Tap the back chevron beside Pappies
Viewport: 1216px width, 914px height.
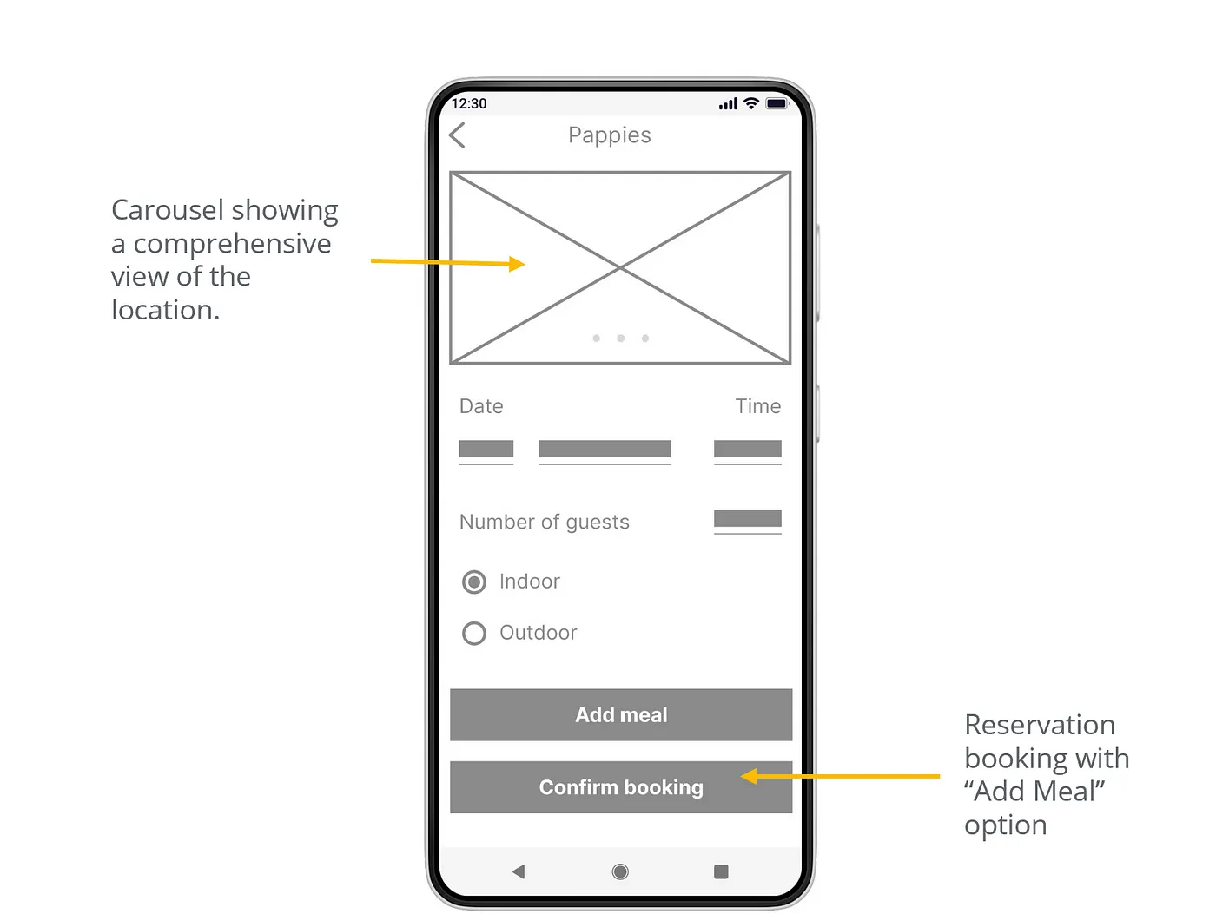tap(457, 135)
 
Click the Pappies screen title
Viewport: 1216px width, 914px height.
tap(610, 135)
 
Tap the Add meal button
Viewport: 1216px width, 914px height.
tap(621, 714)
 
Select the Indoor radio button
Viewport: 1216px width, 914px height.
tap(474, 582)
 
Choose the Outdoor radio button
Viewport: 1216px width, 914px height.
tap(474, 634)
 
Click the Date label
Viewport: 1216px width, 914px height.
tap(481, 406)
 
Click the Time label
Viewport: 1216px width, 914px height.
tap(758, 406)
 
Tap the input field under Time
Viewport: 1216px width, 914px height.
tap(748, 451)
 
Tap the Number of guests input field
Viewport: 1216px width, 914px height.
tap(748, 521)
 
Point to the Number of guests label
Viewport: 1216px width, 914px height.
tap(545, 522)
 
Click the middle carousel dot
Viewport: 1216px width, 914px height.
tap(620, 339)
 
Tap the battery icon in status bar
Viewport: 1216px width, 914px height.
tap(777, 103)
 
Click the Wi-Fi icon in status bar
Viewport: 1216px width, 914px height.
tap(751, 103)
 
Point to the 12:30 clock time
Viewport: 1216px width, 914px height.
tap(469, 103)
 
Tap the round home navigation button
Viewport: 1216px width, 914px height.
tap(620, 872)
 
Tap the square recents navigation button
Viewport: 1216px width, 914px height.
tap(721, 872)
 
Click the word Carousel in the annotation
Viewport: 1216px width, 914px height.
tap(168, 210)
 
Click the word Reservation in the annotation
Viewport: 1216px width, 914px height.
tap(1040, 725)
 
